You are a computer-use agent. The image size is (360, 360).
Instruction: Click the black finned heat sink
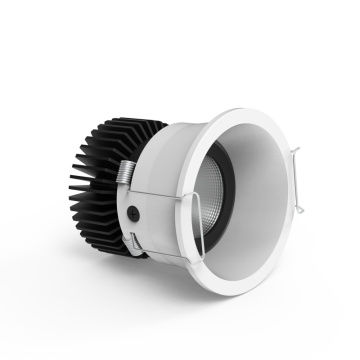(100, 180)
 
